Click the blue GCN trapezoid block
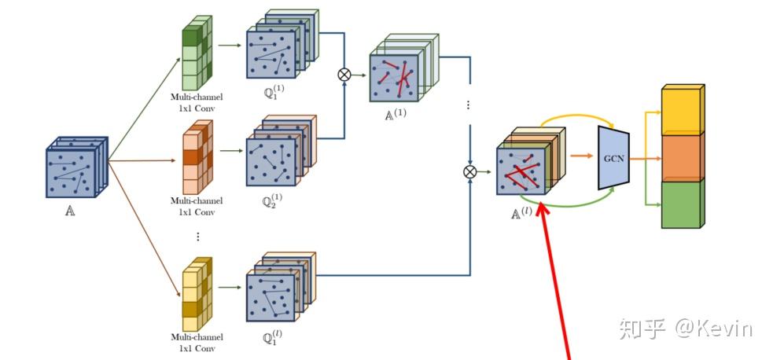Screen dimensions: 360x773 pyautogui.click(x=614, y=157)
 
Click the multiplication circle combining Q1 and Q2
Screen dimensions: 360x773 pyautogui.click(x=344, y=75)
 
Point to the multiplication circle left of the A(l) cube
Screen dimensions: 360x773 pyautogui.click(x=470, y=170)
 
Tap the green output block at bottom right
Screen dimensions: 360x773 pyautogui.click(x=681, y=204)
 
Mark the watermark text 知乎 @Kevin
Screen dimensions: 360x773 pyautogui.click(x=685, y=329)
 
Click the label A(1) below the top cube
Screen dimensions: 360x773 pyautogui.click(x=395, y=112)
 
